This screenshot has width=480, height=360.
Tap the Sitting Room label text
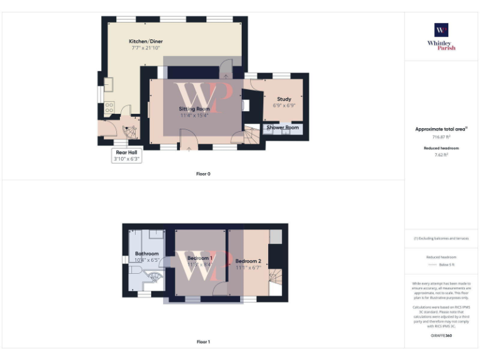click(194, 109)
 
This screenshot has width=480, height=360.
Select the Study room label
click(284, 99)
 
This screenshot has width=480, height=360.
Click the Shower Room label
click(283, 127)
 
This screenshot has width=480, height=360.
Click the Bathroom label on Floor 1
click(147, 253)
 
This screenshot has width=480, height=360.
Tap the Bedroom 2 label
click(248, 261)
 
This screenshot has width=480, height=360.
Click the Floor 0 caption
click(203, 174)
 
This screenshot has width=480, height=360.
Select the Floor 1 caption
click(203, 342)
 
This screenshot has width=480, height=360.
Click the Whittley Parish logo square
click(441, 30)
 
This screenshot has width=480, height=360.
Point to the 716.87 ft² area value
click(441, 136)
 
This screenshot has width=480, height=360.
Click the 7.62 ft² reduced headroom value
click(441, 154)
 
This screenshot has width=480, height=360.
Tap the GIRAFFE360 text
click(441, 336)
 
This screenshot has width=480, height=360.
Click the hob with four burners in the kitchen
click(109, 107)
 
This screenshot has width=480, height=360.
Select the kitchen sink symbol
click(109, 84)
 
